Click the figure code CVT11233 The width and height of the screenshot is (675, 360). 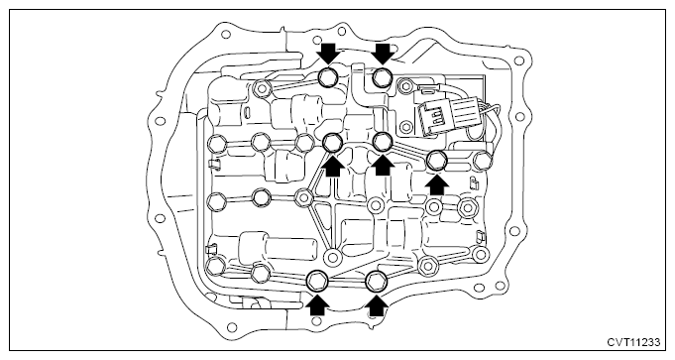[x=633, y=343]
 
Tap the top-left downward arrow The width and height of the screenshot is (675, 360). [x=328, y=53]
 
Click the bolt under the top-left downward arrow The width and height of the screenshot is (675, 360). [x=329, y=78]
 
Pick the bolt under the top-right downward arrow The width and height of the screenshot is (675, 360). [x=382, y=78]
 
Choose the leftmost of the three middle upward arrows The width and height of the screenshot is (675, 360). [x=333, y=165]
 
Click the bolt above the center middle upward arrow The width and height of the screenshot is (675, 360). [x=383, y=141]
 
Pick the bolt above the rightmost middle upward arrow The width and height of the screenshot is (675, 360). [x=437, y=161]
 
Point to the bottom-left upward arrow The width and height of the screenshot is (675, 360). [x=317, y=304]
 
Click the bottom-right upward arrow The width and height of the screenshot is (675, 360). [x=376, y=304]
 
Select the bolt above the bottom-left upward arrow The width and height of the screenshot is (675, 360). [x=317, y=281]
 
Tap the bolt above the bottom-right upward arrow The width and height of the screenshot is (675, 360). [x=377, y=282]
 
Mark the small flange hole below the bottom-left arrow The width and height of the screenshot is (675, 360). [x=316, y=321]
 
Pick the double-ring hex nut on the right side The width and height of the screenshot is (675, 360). [x=467, y=207]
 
